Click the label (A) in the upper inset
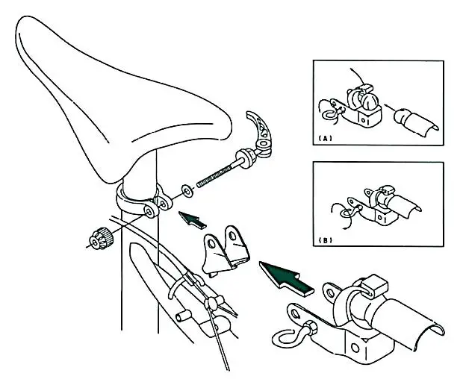point(325,138)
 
